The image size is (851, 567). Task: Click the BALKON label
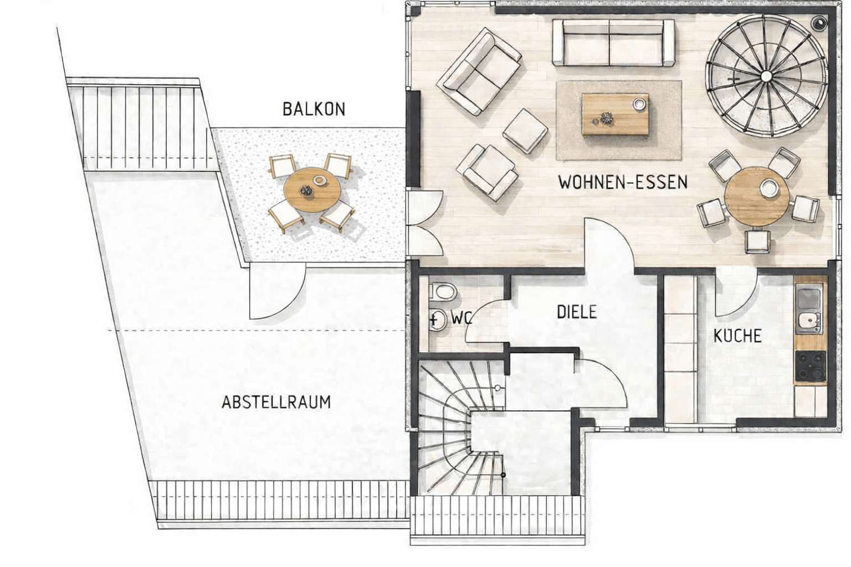(314, 109)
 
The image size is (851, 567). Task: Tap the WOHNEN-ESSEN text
(623, 182)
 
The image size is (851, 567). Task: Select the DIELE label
(577, 312)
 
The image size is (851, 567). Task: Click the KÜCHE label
(737, 336)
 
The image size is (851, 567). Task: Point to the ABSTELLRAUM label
(276, 401)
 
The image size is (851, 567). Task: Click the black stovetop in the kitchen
(810, 366)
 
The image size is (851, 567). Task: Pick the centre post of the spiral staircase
(766, 75)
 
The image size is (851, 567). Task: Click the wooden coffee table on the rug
(615, 115)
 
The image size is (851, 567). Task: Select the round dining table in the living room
(757, 197)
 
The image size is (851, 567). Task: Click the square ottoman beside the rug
(525, 131)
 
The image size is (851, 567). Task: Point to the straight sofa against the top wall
(614, 43)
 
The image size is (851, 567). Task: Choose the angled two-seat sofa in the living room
(479, 72)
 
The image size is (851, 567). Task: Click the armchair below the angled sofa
(487, 171)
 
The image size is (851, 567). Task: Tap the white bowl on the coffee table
(639, 104)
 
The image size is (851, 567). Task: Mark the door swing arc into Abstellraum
(277, 293)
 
